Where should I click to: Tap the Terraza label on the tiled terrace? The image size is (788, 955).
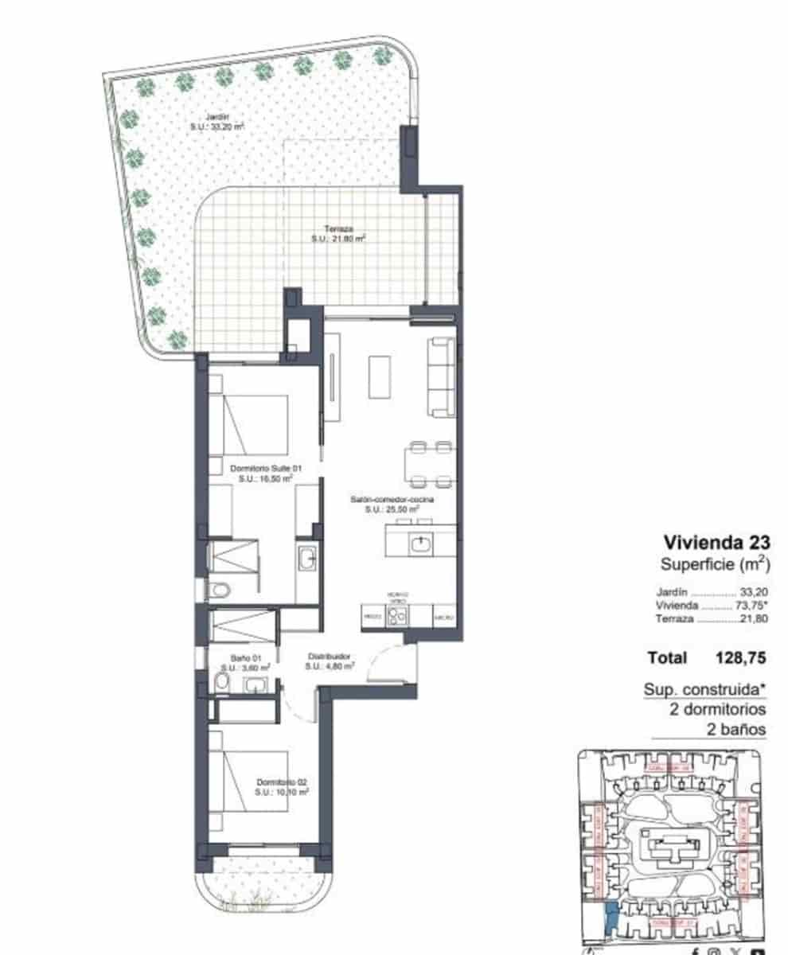(x=338, y=232)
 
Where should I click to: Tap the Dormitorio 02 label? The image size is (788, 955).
(x=282, y=788)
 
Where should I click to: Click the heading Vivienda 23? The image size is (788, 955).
(x=716, y=544)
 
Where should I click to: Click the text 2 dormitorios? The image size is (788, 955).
(x=716, y=709)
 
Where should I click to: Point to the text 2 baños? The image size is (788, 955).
(x=736, y=729)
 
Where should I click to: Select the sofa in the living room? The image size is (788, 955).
(x=441, y=376)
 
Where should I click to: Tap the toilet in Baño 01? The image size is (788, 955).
(x=220, y=683)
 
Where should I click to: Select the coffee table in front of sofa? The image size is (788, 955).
(x=380, y=376)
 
